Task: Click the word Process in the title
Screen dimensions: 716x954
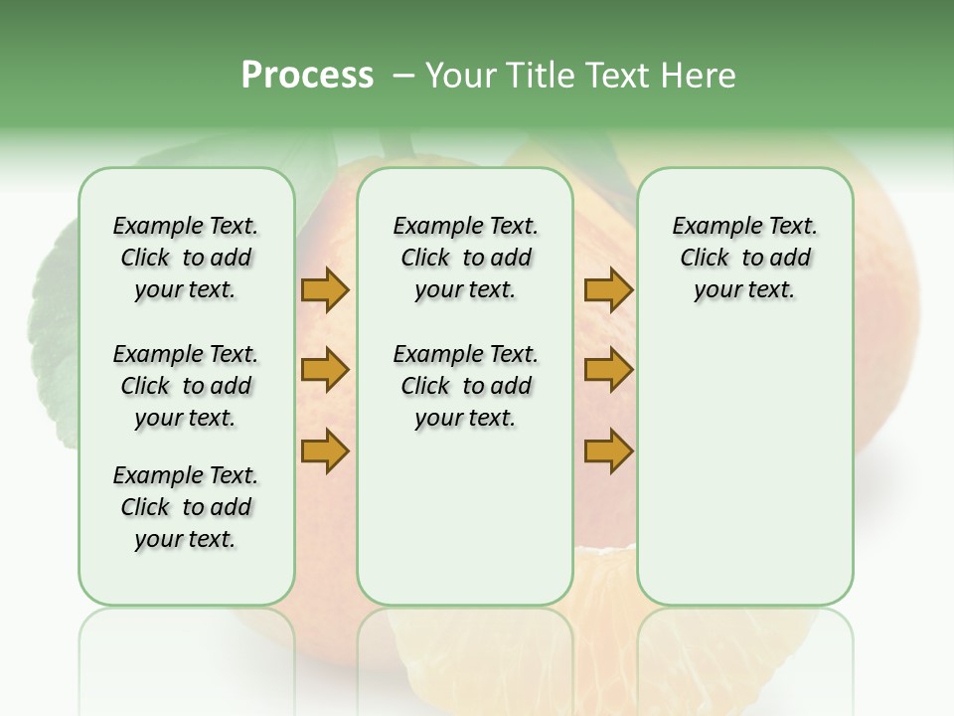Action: pos(307,75)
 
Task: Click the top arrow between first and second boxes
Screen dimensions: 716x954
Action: pos(325,290)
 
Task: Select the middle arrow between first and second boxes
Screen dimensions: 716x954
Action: pos(325,370)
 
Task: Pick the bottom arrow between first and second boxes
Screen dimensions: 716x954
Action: pos(325,450)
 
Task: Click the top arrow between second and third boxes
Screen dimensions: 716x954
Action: pos(608,290)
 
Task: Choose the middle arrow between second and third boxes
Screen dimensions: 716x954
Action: pos(608,370)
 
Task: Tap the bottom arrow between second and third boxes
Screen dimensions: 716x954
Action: pos(608,450)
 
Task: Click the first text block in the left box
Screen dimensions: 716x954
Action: pos(186,258)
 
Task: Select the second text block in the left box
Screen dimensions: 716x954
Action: pos(186,386)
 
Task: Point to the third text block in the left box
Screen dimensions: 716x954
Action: pos(186,507)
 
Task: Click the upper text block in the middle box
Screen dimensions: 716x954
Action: pos(465,258)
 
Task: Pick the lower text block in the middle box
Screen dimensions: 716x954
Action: pos(465,386)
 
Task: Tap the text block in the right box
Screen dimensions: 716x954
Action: pos(744,258)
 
